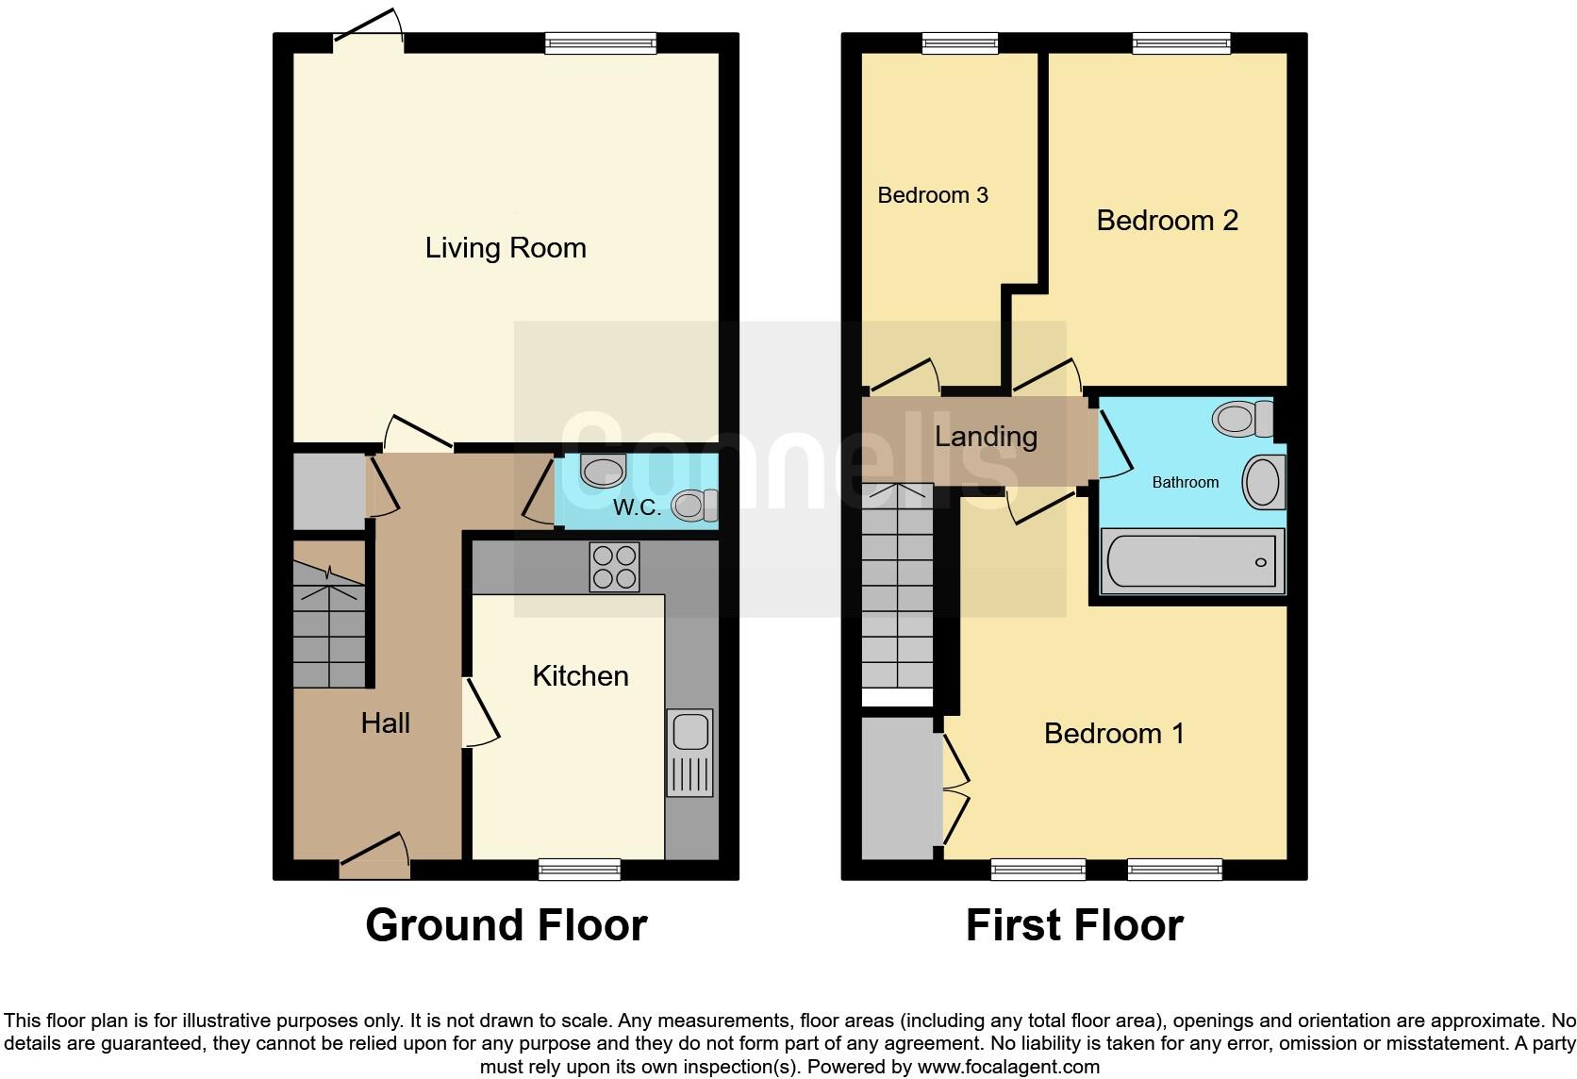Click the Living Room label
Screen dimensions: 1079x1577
point(506,248)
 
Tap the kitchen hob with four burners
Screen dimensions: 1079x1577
point(614,567)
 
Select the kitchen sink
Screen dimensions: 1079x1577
point(690,753)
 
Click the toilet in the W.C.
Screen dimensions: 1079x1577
point(694,506)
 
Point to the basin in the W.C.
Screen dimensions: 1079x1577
point(603,470)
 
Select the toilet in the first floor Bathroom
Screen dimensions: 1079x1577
point(1243,418)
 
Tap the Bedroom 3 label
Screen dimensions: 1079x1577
point(932,195)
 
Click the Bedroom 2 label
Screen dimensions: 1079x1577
point(1167,221)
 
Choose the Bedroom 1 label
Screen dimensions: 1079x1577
point(1114,733)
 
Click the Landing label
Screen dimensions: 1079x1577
point(986,437)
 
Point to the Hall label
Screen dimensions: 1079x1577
point(385,723)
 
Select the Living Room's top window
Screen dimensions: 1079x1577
point(600,42)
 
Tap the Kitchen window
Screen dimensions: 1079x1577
point(579,869)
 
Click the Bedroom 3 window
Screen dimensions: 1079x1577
point(959,42)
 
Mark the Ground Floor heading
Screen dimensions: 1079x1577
point(506,925)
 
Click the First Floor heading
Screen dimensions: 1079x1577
point(1074,925)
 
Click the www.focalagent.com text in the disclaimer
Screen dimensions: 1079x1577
point(1008,1068)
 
